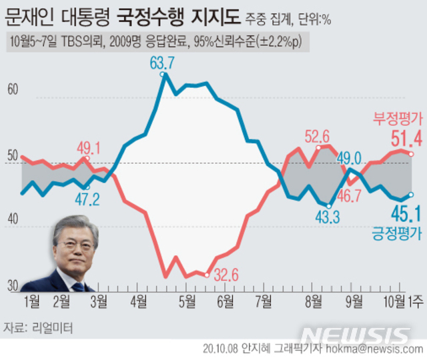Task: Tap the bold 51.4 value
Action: pos(406,139)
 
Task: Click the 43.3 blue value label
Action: pos(328,217)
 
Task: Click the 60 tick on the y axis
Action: pos(13,90)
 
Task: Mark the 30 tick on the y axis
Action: pos(13,287)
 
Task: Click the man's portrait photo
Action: pos(70,254)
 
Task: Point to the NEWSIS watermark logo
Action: pos(354,334)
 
